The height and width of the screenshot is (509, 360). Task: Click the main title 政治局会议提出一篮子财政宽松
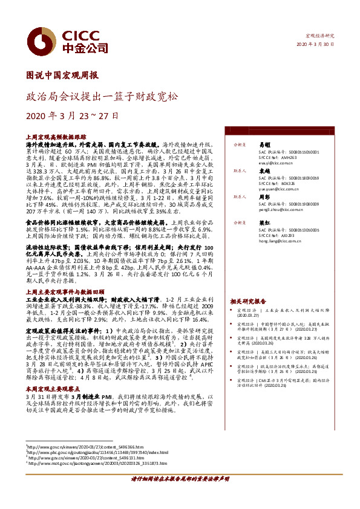(102, 96)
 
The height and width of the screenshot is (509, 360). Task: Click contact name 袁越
(264, 171)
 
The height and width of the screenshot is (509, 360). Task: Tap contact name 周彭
(264, 197)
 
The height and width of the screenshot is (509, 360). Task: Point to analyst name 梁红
(264, 223)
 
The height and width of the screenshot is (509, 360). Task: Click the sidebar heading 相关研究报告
(248, 301)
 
